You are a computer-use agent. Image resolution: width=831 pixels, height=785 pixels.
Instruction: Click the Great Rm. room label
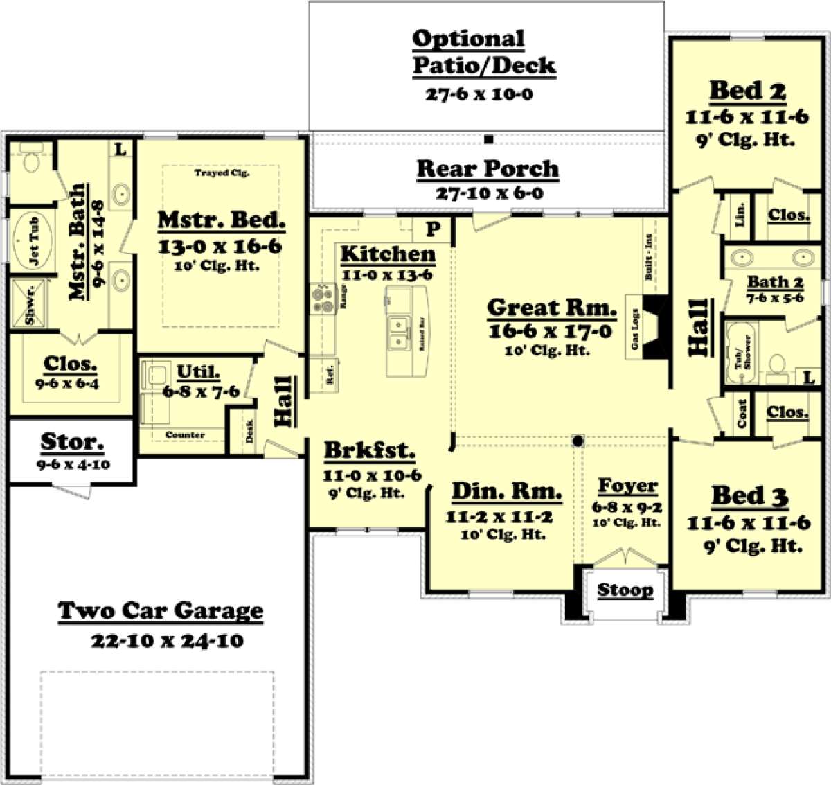[551, 308]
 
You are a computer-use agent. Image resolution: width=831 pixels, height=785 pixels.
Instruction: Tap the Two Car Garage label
[161, 611]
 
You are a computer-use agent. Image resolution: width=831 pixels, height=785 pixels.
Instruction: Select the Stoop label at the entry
[625, 590]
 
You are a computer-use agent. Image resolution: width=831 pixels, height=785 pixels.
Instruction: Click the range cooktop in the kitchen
[323, 297]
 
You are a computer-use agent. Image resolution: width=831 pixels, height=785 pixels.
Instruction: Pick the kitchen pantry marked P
[433, 229]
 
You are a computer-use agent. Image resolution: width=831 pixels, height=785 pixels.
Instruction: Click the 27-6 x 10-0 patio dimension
[479, 94]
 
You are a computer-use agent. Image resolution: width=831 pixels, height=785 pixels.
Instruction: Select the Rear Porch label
[488, 168]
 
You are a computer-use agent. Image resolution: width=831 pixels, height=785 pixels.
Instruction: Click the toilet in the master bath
[30, 161]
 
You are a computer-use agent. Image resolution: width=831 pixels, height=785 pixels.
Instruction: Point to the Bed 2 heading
[747, 91]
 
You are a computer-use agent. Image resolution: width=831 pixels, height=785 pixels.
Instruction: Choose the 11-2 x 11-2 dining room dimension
[499, 517]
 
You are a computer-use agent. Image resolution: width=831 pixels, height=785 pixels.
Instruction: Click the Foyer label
[627, 486]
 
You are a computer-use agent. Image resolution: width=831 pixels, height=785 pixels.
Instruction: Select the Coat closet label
[742, 414]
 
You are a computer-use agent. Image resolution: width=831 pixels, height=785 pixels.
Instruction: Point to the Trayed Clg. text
[222, 173]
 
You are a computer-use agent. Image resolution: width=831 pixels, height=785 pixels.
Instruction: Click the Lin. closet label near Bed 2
[740, 215]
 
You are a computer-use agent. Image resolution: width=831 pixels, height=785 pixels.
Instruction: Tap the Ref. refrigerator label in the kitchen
[330, 375]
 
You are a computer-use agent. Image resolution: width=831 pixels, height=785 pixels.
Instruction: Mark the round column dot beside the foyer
[578, 441]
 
